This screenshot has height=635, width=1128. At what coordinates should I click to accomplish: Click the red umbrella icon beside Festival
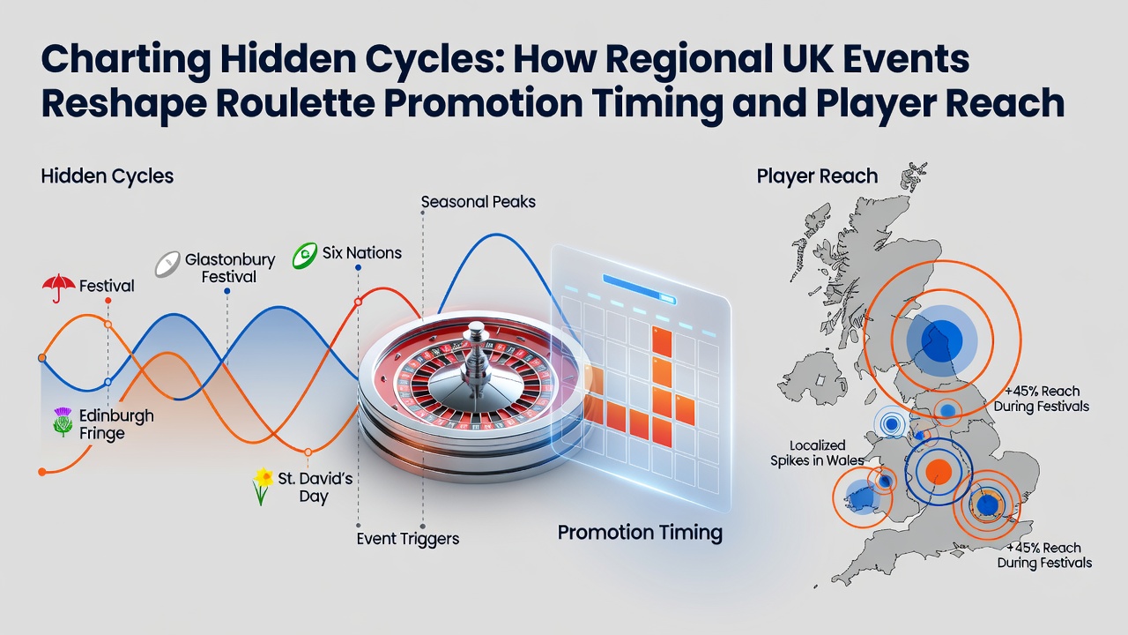(x=59, y=288)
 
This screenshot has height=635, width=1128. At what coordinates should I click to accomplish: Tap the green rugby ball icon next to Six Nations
(x=305, y=255)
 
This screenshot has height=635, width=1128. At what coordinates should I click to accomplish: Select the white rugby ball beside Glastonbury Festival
(x=167, y=264)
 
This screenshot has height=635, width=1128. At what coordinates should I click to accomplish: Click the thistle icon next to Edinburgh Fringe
(x=63, y=422)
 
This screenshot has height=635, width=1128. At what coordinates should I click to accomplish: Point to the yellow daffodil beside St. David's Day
(x=263, y=486)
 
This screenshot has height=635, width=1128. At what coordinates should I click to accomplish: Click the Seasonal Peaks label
(x=478, y=202)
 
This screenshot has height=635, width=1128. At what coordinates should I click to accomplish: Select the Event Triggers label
(x=408, y=539)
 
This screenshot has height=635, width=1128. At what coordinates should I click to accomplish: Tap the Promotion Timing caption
(x=640, y=533)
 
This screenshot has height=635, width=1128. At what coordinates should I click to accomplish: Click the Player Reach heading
(x=817, y=176)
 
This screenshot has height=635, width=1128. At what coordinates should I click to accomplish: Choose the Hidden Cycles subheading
(x=108, y=176)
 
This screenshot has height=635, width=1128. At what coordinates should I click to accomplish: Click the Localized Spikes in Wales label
(x=817, y=452)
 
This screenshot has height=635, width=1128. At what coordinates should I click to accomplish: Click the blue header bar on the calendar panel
(x=640, y=288)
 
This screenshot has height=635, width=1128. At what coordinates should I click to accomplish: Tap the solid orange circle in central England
(x=939, y=472)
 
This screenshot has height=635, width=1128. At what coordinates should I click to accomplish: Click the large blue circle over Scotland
(x=942, y=340)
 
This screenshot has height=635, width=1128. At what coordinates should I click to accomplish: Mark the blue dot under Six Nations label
(x=358, y=267)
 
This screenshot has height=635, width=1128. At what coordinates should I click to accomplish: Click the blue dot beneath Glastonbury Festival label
(x=227, y=291)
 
